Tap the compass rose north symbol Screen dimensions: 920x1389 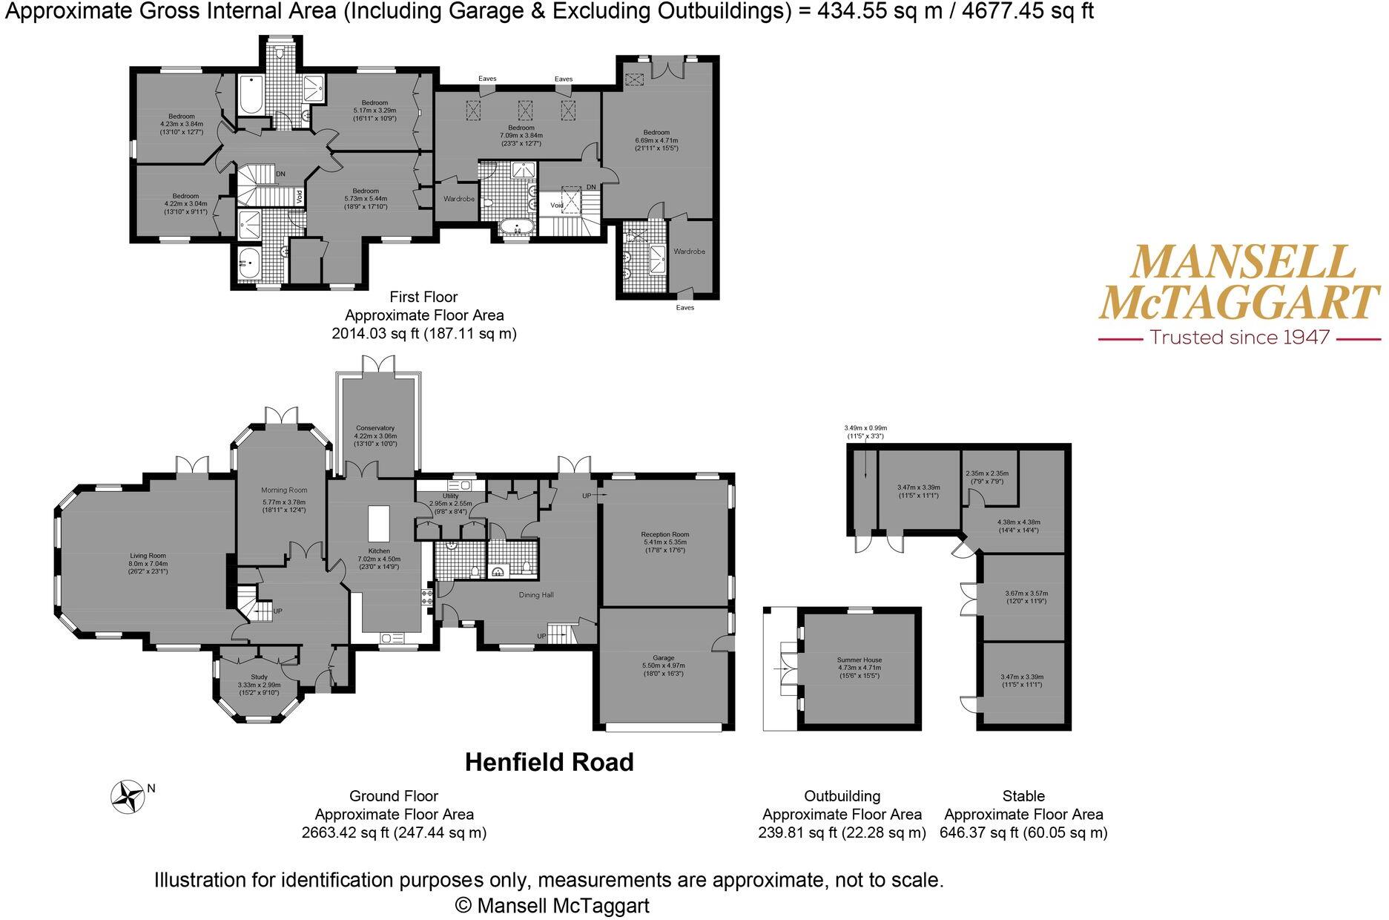(128, 798)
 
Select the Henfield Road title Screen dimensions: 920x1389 (549, 762)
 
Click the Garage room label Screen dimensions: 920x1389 (663, 657)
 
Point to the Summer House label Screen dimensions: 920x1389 (859, 660)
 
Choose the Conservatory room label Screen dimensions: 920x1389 (375, 428)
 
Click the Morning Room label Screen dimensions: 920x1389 (283, 490)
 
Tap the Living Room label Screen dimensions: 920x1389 (148, 556)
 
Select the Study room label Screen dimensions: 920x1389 (258, 677)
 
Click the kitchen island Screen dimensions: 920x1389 (378, 524)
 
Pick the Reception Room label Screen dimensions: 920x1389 (665, 534)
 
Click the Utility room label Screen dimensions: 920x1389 (450, 496)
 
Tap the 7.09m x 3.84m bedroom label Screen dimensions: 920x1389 (521, 136)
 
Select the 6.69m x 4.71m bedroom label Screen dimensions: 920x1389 (656, 140)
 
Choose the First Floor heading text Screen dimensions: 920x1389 (423, 297)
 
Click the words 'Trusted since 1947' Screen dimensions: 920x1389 (1239, 338)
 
